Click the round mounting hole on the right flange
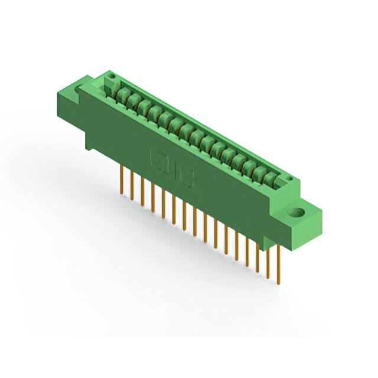point(298,212)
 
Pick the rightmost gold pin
point(278,266)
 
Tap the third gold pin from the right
point(258,255)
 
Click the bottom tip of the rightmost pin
point(278,283)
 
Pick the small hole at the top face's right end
point(289,178)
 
